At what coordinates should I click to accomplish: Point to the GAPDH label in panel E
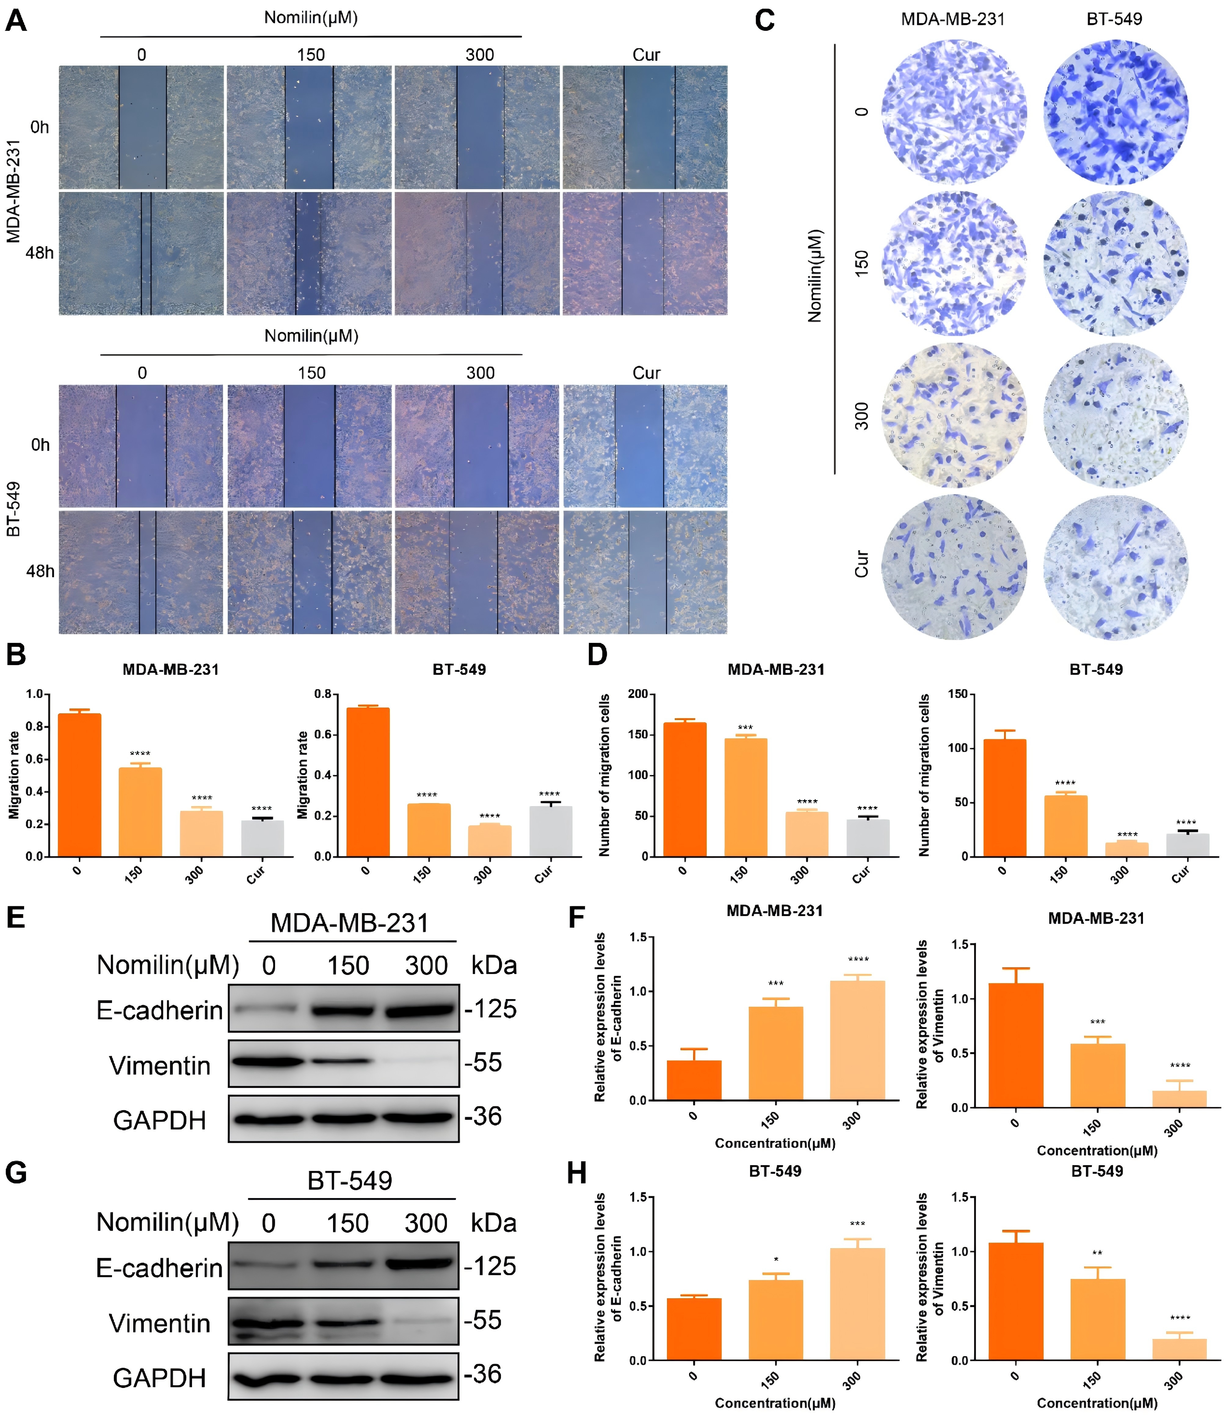coord(160,1120)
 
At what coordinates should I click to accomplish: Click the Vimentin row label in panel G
coord(160,1323)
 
